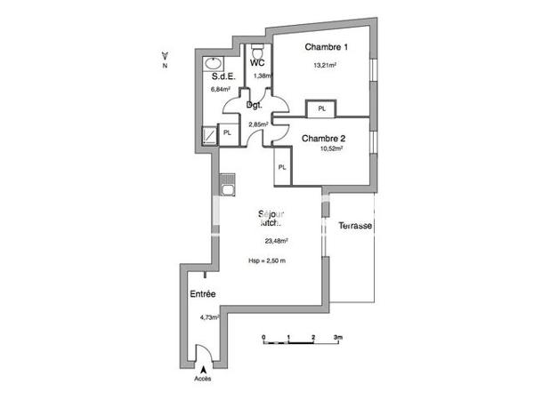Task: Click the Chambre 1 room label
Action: (x=326, y=47)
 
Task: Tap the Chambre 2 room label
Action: (x=322, y=139)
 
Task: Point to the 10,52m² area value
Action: (x=328, y=149)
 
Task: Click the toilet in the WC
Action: (x=257, y=50)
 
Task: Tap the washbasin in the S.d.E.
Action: (x=214, y=64)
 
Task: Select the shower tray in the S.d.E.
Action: (x=208, y=134)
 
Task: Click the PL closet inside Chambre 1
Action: (x=320, y=109)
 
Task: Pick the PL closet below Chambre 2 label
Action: (x=281, y=168)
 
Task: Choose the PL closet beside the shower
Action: (x=227, y=133)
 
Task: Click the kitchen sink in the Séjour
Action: (x=228, y=187)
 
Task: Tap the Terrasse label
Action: (x=354, y=226)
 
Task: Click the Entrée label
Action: (x=203, y=294)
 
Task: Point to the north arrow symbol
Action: (x=166, y=56)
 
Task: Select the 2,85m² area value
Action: (x=258, y=124)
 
